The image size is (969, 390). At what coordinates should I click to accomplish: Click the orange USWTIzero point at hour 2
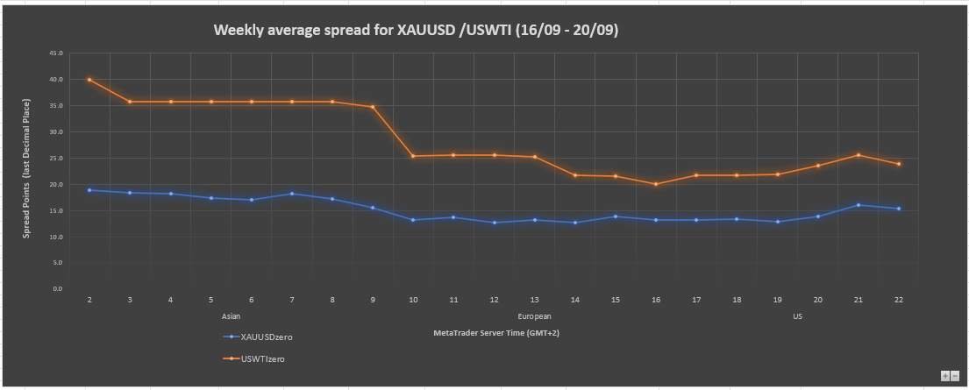point(89,80)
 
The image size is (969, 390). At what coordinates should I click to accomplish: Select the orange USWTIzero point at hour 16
point(656,184)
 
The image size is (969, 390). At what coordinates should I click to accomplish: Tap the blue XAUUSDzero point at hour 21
point(859,205)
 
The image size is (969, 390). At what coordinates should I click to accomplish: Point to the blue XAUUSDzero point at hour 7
point(292,194)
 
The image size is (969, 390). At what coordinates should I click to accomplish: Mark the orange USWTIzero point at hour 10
point(413,156)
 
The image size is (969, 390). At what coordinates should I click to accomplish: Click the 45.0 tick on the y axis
point(56,53)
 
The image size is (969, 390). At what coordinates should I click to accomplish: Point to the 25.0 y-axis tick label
point(56,158)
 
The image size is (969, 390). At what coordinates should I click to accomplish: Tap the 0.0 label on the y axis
point(58,288)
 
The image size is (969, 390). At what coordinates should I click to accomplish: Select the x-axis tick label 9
point(373,300)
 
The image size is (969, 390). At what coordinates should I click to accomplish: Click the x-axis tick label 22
point(899,300)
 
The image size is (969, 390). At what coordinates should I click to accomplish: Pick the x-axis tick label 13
point(535,300)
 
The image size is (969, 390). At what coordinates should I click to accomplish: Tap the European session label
point(535,316)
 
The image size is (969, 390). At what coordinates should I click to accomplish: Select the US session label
point(797,316)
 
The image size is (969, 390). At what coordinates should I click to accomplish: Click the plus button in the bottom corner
point(944,375)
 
